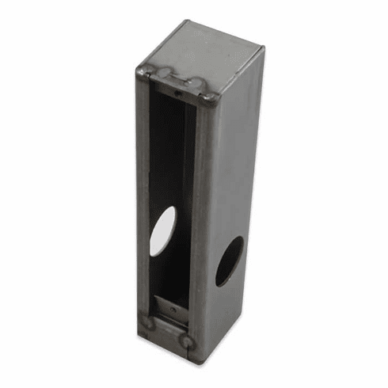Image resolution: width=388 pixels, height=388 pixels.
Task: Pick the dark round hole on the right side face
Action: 229,261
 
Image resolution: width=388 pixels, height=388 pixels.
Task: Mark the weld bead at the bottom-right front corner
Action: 188,341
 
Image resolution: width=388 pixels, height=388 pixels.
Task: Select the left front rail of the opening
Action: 143,198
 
